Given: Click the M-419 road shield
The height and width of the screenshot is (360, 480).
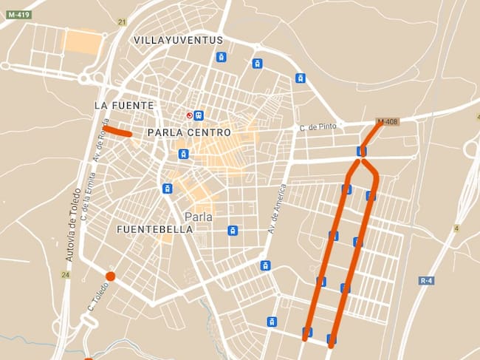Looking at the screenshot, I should click(x=18, y=14).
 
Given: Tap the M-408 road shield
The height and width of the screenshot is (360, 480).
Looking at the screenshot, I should click(x=387, y=121).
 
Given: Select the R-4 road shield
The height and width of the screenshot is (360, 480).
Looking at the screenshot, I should click(x=426, y=280).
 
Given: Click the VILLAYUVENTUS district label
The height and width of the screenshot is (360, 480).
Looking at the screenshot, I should click(x=179, y=40).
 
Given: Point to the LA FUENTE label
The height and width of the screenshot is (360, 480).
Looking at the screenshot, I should click(x=124, y=106).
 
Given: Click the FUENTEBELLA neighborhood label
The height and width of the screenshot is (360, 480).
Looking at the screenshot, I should click(x=155, y=229).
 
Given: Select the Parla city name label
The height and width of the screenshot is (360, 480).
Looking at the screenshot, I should click(x=198, y=217).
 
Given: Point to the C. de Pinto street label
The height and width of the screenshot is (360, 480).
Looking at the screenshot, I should click(x=318, y=127).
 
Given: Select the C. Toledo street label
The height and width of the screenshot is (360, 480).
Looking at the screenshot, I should click(x=94, y=298).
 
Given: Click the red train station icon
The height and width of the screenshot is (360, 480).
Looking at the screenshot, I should click(x=190, y=115).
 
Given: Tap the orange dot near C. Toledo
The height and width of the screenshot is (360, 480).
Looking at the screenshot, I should click(x=110, y=276).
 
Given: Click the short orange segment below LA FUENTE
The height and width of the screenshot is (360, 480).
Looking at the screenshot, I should click(x=117, y=132).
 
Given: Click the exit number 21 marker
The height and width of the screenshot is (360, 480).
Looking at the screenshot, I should click(x=121, y=23).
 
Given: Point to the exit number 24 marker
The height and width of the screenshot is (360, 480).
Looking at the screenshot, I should click(x=66, y=275).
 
